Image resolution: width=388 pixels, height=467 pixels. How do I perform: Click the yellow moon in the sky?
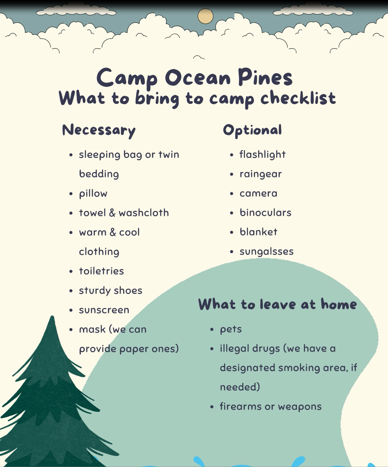click(205, 16)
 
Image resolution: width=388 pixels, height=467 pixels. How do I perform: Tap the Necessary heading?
click(99, 130)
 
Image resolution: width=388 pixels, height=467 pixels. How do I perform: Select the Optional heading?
click(253, 130)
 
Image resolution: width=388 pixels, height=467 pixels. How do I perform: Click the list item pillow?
click(93, 194)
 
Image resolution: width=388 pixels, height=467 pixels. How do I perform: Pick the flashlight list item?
click(262, 155)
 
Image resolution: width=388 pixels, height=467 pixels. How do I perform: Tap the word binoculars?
click(266, 213)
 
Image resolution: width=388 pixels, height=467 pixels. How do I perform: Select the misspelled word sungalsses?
click(266, 252)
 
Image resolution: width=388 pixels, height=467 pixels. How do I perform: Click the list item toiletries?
click(101, 271)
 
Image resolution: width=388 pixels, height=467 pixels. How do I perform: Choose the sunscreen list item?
click(104, 310)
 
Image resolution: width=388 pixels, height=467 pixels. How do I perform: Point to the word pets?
click(231, 330)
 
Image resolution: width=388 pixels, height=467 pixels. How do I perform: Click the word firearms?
click(240, 406)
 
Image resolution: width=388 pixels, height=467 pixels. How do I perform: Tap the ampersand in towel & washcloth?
click(112, 213)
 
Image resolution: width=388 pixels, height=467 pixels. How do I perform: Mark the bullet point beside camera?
click(232, 194)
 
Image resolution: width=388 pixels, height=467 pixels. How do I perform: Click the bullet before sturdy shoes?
click(71, 291)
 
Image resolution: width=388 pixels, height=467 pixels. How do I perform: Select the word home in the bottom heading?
click(339, 304)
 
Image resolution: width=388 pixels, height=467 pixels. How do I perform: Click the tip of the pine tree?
click(52, 316)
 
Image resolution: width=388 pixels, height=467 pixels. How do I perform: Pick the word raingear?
click(260, 174)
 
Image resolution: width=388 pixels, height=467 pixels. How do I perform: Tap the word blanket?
click(258, 232)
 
